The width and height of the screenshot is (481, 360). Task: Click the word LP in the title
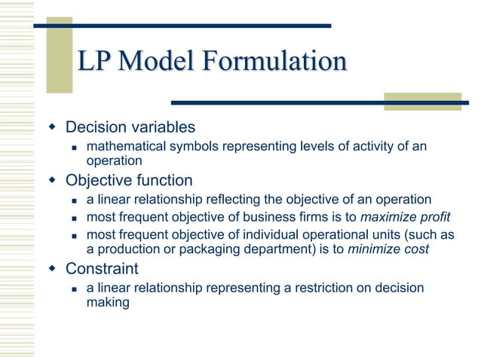click(95, 62)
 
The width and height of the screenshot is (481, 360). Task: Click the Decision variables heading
click(130, 127)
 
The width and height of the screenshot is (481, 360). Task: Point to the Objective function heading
click(129, 181)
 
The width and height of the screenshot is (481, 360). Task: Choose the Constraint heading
click(102, 268)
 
